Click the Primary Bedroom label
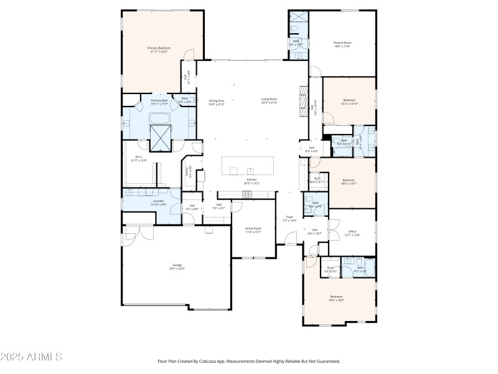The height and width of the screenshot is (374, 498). [x=159, y=49]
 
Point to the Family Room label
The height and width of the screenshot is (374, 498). [x=253, y=230]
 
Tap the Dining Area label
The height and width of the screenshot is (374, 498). [x=216, y=102]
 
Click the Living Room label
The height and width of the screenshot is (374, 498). [x=269, y=100]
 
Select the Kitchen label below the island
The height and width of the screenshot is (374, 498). [x=251, y=181]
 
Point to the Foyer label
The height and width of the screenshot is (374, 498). [x=289, y=218]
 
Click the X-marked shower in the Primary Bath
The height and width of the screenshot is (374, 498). [x=162, y=138]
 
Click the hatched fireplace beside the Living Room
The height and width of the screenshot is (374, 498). [x=304, y=98]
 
